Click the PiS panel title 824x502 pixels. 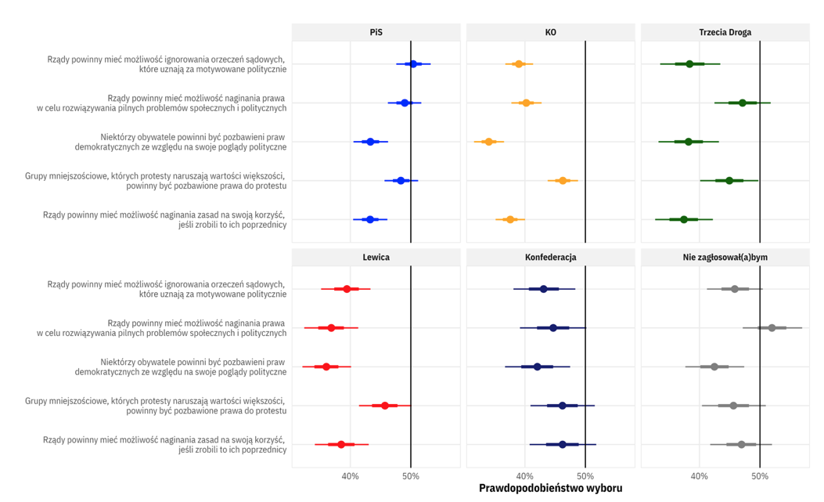(376, 33)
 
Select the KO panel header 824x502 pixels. (551, 33)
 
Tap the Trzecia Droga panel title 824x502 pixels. (725, 33)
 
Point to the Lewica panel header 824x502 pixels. (376, 257)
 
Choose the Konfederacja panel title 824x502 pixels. (551, 257)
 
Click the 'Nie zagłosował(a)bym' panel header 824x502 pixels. (725, 257)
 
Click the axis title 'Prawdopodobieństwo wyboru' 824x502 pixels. (551, 489)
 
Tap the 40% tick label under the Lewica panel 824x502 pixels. (351, 476)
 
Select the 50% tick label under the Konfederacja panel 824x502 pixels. (585, 476)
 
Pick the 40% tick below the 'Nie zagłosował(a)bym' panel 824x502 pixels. (700, 476)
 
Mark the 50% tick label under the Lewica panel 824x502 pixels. (411, 476)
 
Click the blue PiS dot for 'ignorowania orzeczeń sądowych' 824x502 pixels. (413, 63)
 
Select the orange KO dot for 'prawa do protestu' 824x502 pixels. (563, 180)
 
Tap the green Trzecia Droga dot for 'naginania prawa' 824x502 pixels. (743, 103)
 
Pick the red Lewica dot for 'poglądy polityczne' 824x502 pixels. (326, 367)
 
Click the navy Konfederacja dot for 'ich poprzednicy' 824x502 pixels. (563, 444)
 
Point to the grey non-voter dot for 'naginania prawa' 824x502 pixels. (772, 327)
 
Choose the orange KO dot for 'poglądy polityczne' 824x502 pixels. (489, 142)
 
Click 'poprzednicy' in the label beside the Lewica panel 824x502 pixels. (261, 450)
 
